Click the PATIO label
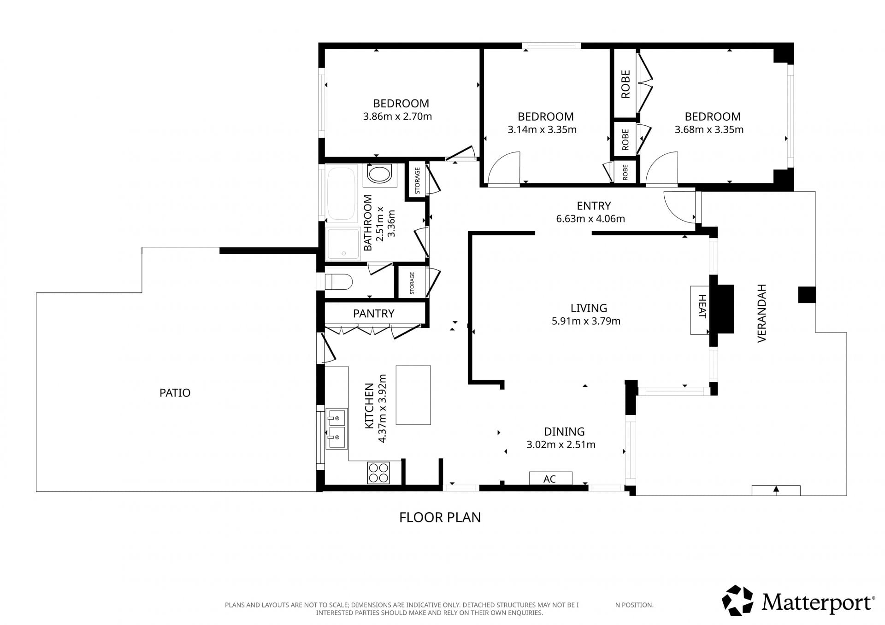pos(175,393)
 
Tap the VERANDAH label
pos(761,313)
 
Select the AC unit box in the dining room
pos(550,479)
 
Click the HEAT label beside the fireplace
pos(702,307)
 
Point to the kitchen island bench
pos(413,395)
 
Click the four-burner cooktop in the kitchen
pos(378,473)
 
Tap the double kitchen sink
pos(336,429)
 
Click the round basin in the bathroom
pos(380,175)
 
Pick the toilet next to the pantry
pos(338,281)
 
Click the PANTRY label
pos(373,314)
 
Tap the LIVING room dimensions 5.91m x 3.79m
pos(586,321)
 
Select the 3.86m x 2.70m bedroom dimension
pos(397,117)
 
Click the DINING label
pos(564,432)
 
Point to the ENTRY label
pos(594,206)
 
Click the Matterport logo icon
pos(737,601)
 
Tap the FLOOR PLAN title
pos(440,518)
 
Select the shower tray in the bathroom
pos(342,244)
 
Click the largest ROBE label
pos(625,84)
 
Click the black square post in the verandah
pos(807,295)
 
